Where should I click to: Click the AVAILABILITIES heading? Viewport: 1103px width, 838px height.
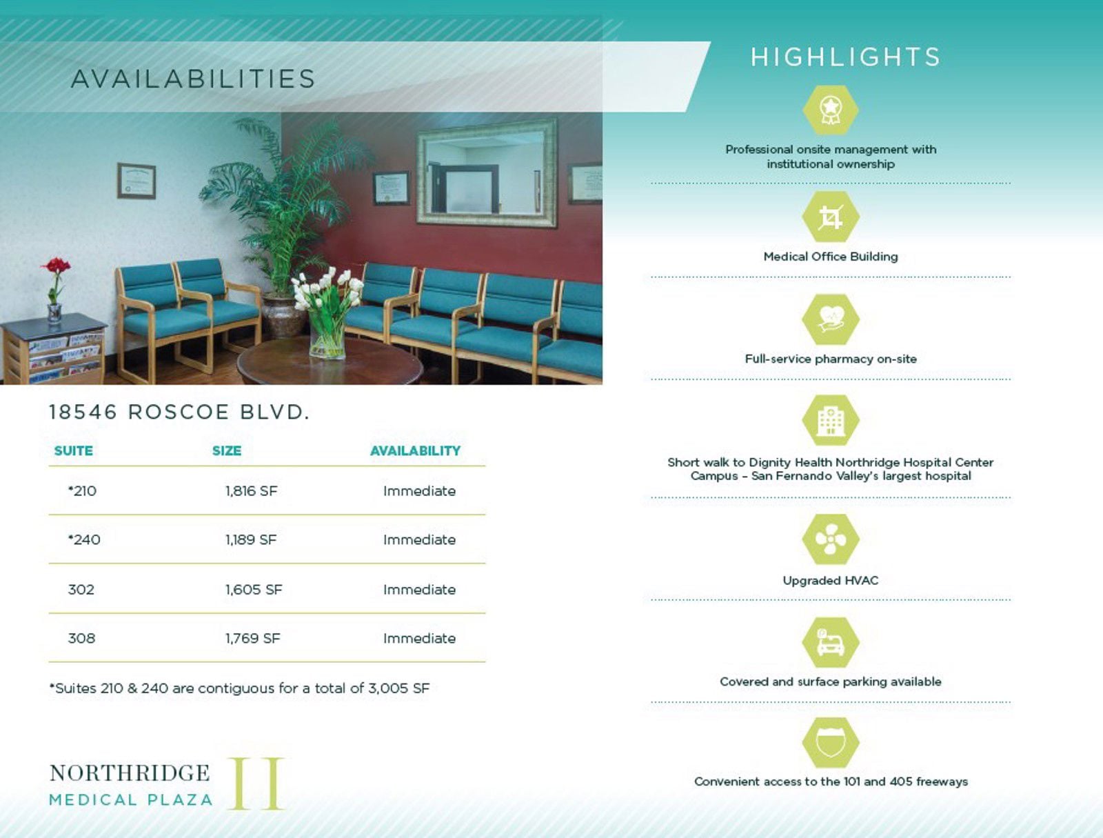click(x=194, y=79)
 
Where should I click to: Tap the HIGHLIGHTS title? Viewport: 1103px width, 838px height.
click(x=846, y=57)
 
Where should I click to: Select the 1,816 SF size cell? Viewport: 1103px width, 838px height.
click(x=251, y=490)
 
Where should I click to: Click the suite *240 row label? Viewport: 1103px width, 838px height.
click(x=84, y=539)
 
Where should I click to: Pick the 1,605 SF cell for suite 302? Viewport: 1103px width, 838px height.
click(x=254, y=589)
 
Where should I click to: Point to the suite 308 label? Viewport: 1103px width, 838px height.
click(x=81, y=638)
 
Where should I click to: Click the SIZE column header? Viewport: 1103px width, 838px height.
click(x=227, y=450)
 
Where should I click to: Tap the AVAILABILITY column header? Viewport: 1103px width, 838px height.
click(x=415, y=450)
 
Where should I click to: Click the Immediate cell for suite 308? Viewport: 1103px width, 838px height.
click(x=420, y=638)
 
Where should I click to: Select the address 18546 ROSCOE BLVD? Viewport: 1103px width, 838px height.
click(x=179, y=412)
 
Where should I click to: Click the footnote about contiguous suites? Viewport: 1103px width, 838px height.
click(x=239, y=688)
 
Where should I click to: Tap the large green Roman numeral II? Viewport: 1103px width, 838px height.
click(x=256, y=784)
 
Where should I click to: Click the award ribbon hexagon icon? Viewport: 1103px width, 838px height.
click(x=830, y=110)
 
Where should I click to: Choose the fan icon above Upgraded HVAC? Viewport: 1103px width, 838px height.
click(x=830, y=539)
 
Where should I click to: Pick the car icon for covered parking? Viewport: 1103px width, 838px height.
click(x=830, y=642)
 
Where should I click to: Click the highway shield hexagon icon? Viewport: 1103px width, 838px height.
click(x=830, y=742)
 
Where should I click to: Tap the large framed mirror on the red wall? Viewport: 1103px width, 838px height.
click(x=487, y=172)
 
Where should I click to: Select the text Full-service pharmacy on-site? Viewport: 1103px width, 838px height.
click(x=830, y=359)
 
